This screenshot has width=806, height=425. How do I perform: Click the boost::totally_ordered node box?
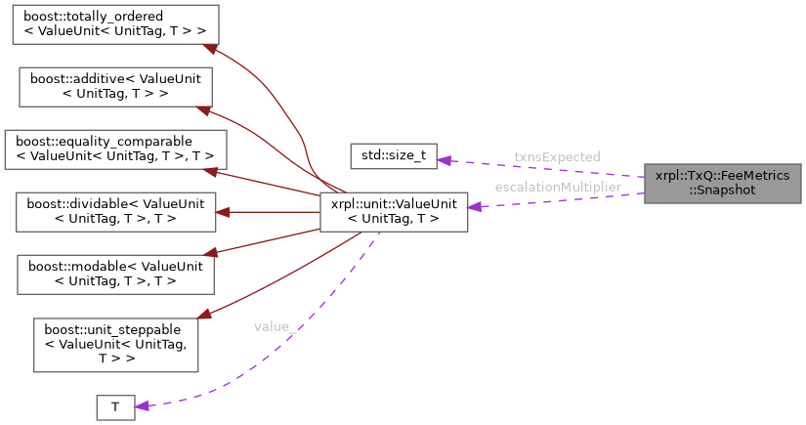tap(115, 23)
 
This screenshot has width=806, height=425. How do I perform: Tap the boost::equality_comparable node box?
tap(115, 149)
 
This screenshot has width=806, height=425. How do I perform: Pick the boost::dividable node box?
tap(115, 211)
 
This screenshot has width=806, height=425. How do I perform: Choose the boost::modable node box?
tap(115, 274)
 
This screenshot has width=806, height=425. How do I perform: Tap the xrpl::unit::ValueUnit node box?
tap(394, 211)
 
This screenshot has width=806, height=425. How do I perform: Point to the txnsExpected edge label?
tap(557, 157)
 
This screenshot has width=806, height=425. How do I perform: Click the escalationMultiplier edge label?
tap(558, 187)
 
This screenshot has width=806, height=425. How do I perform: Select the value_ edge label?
tap(272, 325)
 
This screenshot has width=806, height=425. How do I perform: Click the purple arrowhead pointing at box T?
tap(141, 405)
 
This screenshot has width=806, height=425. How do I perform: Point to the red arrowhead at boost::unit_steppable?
tap(204, 316)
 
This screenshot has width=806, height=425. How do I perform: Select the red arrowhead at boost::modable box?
tap(220, 253)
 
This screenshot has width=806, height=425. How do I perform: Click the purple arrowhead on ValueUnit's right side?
tap(475, 207)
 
